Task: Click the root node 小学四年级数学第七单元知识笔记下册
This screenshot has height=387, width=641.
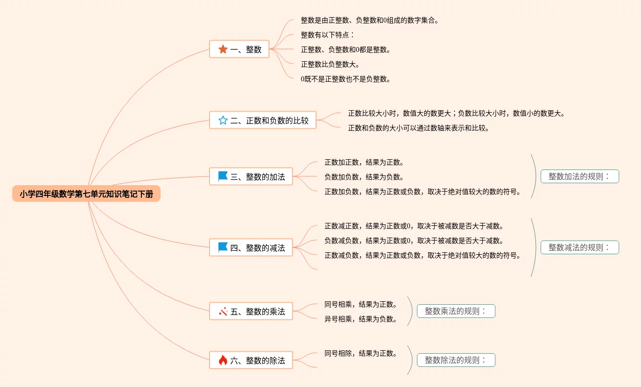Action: coord(86,194)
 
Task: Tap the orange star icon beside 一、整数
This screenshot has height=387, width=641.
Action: coord(223,49)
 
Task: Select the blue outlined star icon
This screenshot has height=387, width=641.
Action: coord(223,120)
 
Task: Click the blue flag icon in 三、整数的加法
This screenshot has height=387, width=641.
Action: coord(223,176)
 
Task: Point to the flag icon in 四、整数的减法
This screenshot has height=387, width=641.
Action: coord(223,247)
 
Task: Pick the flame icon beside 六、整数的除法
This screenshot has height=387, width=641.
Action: coord(223,361)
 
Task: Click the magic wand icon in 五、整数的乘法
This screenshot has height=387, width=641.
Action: coord(223,311)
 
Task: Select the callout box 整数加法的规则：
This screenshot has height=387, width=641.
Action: coord(580,176)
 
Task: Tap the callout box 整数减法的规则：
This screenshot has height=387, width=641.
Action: coord(580,247)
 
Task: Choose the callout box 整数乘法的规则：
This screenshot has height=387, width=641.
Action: coord(456,311)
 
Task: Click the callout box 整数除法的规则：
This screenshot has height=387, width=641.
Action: coord(456,361)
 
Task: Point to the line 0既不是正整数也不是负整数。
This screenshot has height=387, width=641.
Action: coord(346,79)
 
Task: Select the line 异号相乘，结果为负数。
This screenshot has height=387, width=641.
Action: coord(361,319)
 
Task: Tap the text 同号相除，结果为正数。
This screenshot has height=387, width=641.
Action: coord(361,353)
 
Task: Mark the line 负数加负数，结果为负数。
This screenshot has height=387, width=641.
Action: coord(364,177)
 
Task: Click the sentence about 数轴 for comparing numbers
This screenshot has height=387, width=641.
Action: coord(418,128)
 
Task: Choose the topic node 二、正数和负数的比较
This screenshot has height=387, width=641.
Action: coord(263,120)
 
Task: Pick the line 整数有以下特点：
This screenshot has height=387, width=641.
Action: coord(327,35)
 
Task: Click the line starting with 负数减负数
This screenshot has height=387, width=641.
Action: coord(414,241)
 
